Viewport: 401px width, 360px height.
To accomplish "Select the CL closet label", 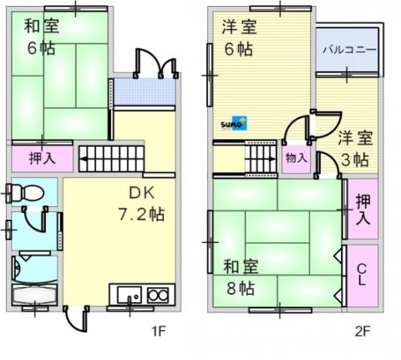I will point(362,275).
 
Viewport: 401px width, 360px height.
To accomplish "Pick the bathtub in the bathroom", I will point(33,296).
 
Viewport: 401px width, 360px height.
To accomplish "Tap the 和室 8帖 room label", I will point(240,277).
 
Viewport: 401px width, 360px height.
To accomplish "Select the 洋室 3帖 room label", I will point(354,147).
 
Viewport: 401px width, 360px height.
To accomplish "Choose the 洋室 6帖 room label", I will point(240,38).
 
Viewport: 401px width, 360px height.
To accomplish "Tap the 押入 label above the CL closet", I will point(362,209).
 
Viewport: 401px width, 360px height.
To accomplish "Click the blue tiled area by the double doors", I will point(146,90).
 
